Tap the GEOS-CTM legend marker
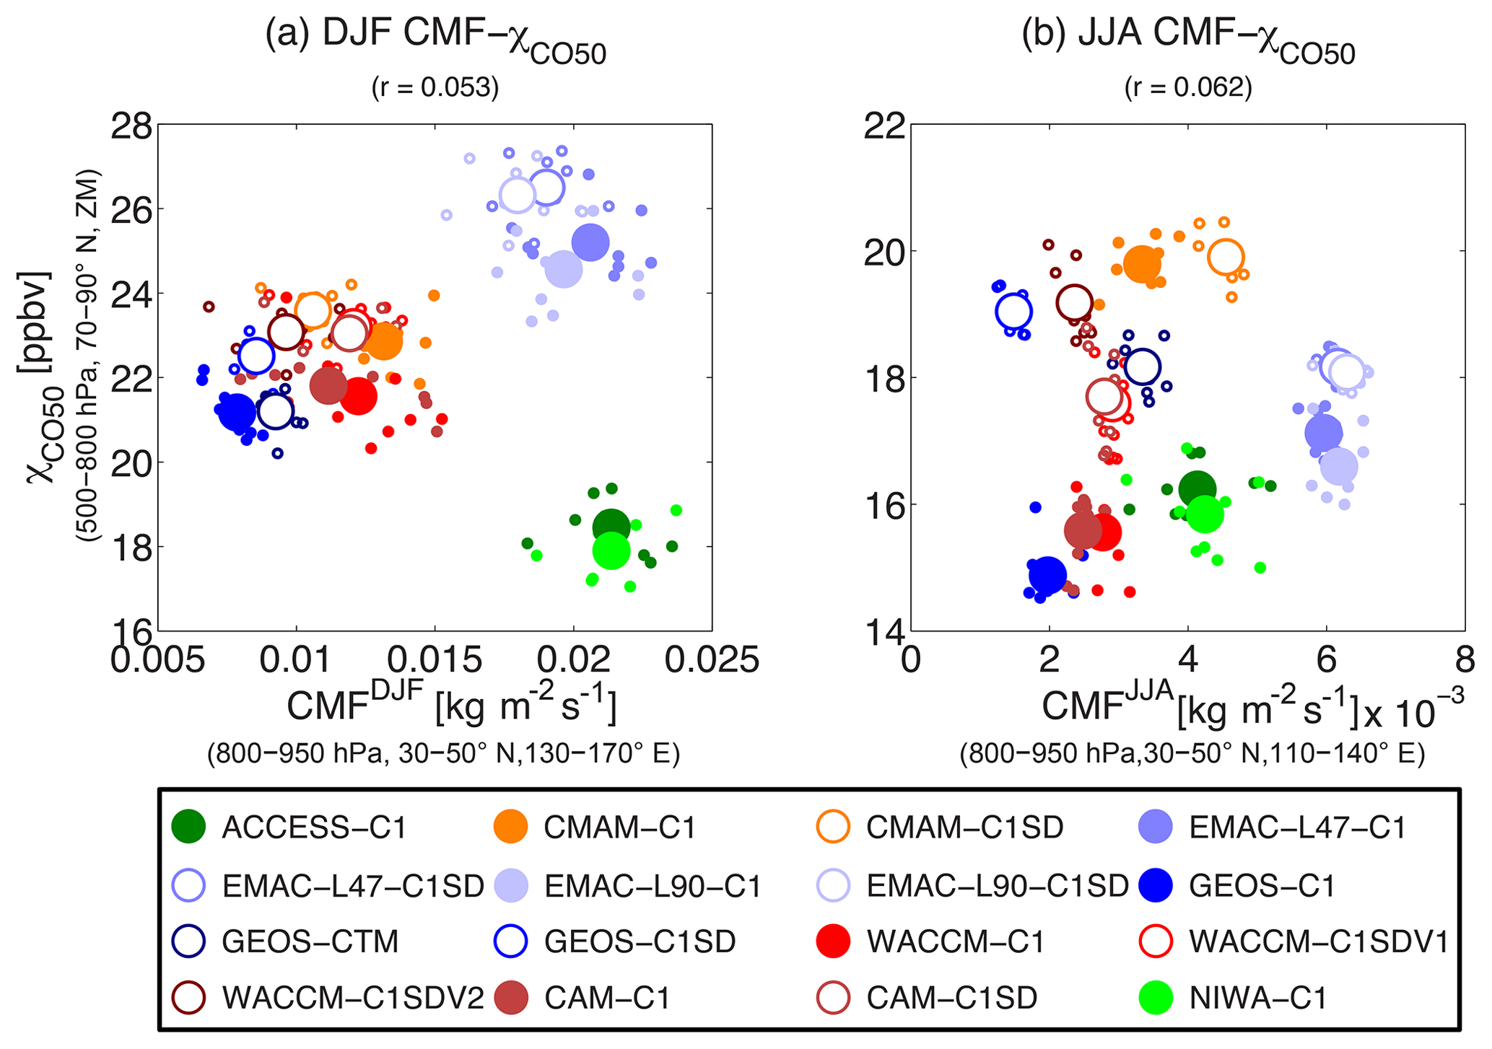[189, 942]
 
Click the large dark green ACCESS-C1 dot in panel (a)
[611, 527]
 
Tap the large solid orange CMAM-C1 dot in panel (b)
[1141, 264]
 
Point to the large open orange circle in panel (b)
[1226, 257]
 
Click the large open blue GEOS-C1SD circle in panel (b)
[1013, 312]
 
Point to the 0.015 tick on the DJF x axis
[435, 660]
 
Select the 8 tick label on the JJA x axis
[1464, 660]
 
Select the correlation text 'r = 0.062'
[1187, 88]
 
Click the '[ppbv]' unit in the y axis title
[34, 320]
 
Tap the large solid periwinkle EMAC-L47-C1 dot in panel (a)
[590, 242]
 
